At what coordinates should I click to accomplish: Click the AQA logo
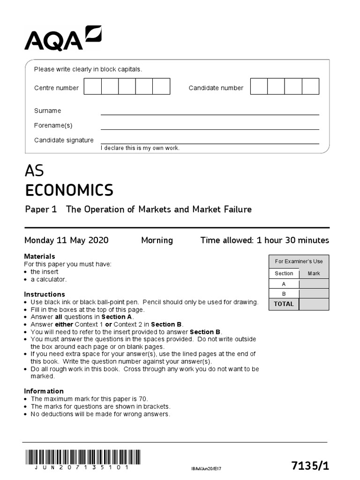coord(63,39)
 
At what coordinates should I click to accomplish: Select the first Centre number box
coord(93,87)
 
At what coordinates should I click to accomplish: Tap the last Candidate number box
coord(310,87)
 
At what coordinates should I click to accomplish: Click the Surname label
coord(47,111)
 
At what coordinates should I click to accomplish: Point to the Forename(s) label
coord(53,126)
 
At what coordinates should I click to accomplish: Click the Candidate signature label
coord(64,140)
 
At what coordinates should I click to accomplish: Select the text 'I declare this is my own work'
coord(140,148)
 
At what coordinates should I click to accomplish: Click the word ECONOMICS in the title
coord(69,190)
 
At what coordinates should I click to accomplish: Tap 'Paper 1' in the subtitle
coord(41,210)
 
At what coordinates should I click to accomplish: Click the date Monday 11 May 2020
coord(66,240)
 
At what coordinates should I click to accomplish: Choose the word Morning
coord(157,240)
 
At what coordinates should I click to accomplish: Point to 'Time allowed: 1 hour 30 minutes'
coord(264,240)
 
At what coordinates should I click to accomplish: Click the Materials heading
coord(39,256)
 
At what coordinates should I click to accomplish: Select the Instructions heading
coord(45,294)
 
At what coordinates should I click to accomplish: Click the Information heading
coord(44,391)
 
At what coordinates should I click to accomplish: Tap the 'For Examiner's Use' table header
coord(299,262)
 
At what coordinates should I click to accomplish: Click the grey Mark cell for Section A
coord(314,284)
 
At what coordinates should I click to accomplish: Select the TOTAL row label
coord(284,304)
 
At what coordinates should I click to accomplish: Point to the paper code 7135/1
coord(310,465)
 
